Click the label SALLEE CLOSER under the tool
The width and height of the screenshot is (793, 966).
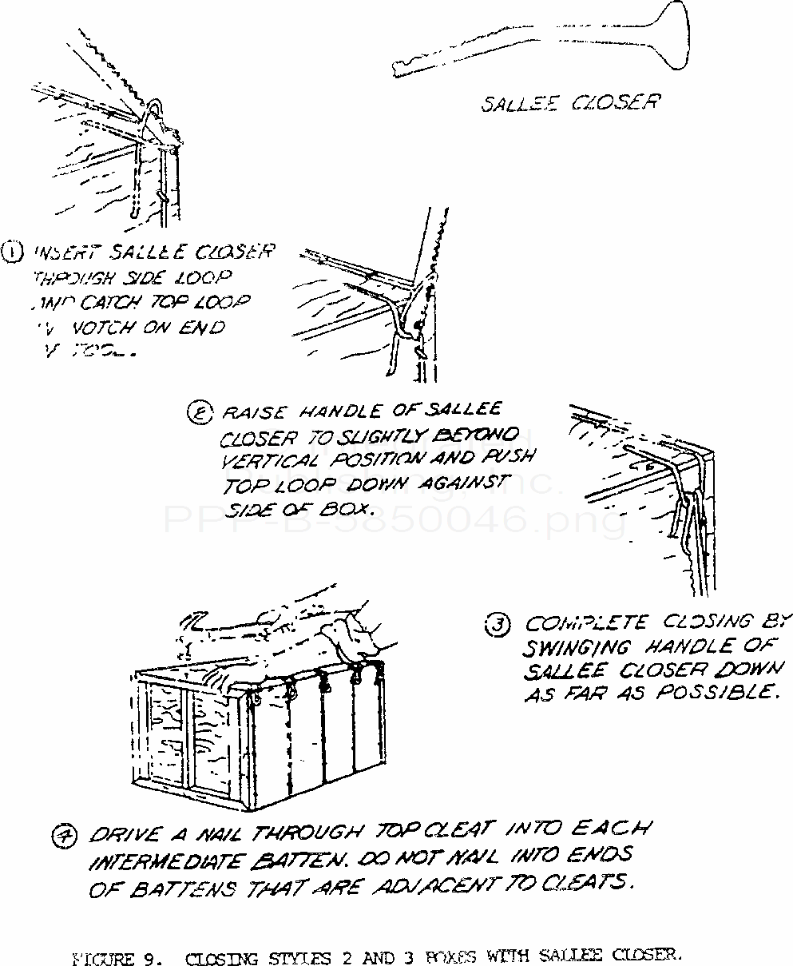pyautogui.click(x=569, y=103)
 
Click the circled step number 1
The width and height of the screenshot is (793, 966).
pyautogui.click(x=15, y=255)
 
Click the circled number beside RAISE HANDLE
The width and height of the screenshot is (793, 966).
pyautogui.click(x=196, y=414)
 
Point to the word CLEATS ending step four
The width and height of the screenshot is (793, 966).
pyautogui.click(x=593, y=885)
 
